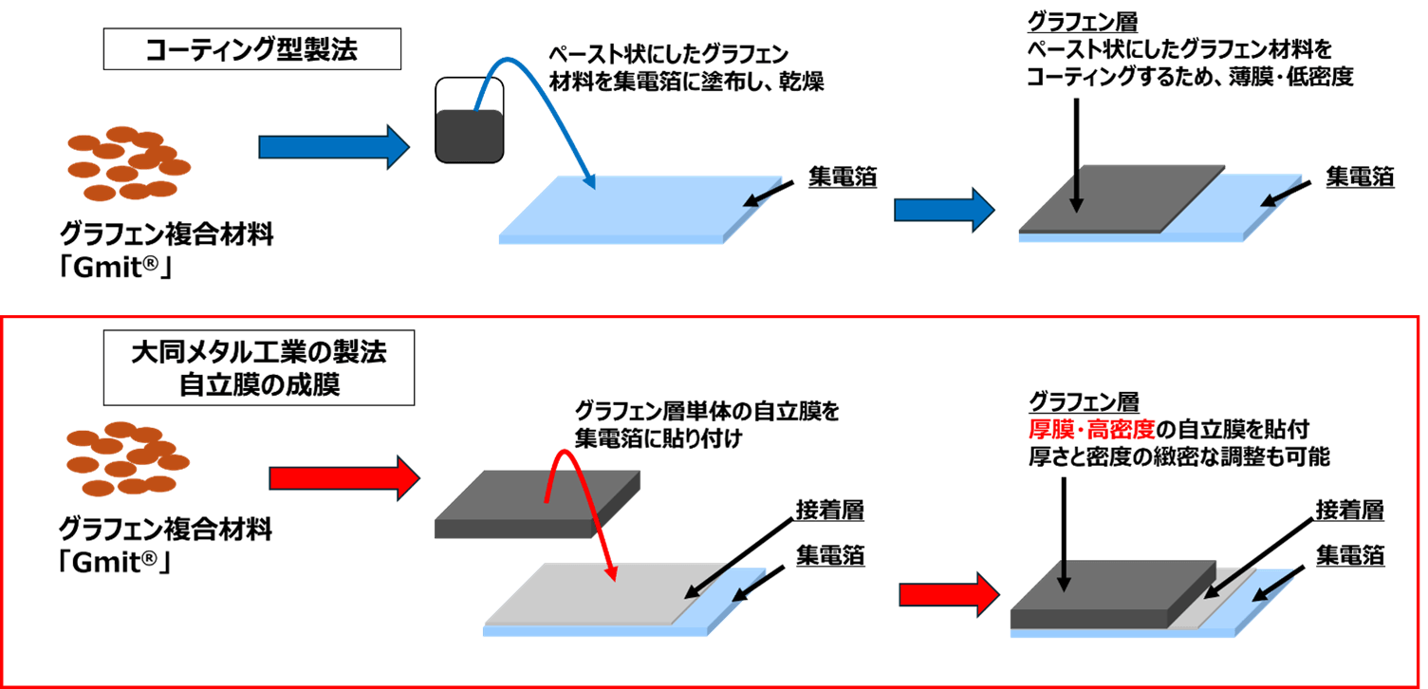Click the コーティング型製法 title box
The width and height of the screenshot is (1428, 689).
(x=251, y=49)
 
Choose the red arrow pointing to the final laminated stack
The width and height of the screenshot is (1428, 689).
(x=948, y=595)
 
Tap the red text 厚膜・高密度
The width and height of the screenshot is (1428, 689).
(x=1090, y=429)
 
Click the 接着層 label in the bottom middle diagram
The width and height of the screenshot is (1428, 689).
(x=829, y=512)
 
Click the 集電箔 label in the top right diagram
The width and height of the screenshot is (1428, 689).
(x=1360, y=176)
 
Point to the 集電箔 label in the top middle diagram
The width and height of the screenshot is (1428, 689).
(x=843, y=176)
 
